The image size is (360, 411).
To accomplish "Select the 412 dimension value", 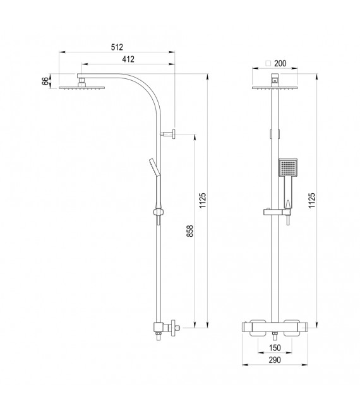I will tap(128, 59).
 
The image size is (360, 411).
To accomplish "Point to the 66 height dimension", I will tap(45, 81).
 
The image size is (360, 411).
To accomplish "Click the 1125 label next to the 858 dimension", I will tap(202, 200).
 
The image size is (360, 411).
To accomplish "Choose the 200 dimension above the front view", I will tap(280, 64).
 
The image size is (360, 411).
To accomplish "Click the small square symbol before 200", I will tap(268, 64).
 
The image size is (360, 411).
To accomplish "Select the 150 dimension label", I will tap(275, 347).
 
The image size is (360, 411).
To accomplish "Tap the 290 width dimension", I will tap(275, 360).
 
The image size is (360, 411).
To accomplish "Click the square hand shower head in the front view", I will tap(287, 169).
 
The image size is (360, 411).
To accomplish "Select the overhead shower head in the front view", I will tap(275, 88).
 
